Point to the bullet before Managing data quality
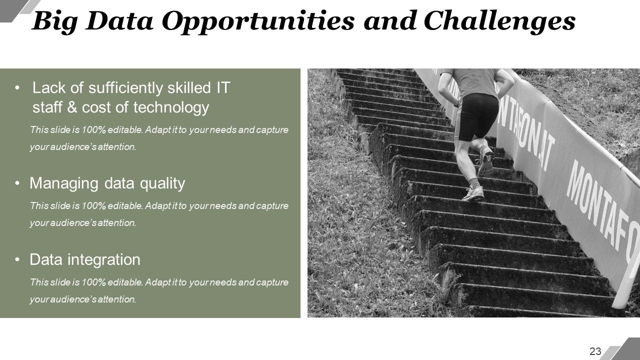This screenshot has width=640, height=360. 18,184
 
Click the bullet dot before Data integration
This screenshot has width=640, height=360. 18,260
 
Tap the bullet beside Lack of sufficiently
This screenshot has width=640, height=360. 18,88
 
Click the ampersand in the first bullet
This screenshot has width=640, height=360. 72,107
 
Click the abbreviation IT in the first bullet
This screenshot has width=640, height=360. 222,88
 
